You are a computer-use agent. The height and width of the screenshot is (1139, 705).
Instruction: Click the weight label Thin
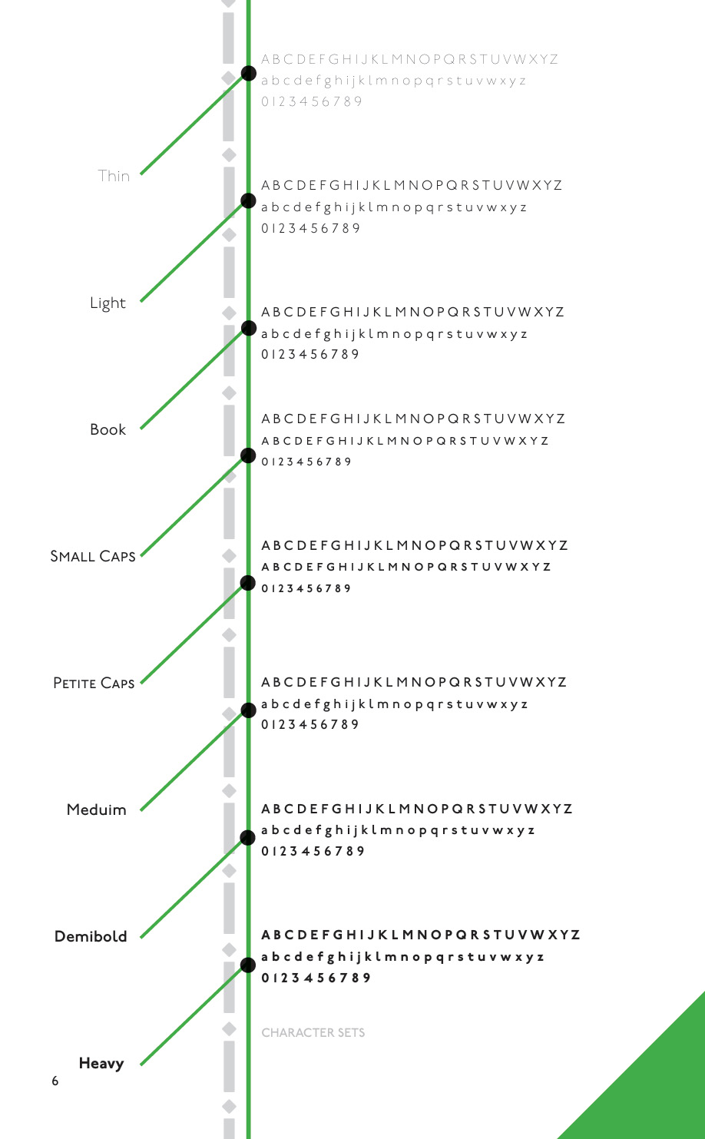(x=114, y=176)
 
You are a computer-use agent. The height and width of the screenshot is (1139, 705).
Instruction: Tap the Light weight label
(x=108, y=303)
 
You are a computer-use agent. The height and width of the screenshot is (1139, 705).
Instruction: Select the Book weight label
(x=108, y=429)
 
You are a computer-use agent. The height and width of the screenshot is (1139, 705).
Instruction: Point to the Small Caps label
(x=93, y=556)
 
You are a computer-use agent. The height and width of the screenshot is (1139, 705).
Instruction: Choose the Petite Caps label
(x=94, y=683)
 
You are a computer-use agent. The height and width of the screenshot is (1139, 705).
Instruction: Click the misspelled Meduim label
(x=97, y=810)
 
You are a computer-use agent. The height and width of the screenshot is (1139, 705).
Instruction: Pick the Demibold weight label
(x=91, y=936)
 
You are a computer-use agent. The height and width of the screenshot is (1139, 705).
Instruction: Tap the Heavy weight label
(x=101, y=1063)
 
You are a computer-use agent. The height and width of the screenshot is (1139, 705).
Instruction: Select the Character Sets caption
(x=313, y=1033)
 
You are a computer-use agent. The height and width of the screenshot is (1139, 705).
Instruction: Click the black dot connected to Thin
(x=248, y=73)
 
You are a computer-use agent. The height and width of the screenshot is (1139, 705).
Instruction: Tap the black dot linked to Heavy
(x=248, y=965)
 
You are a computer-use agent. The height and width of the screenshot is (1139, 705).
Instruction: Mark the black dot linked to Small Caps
(x=248, y=455)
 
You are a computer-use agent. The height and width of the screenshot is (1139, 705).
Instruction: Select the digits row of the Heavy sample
(x=316, y=978)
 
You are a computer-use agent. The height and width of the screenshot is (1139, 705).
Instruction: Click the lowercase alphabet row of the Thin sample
(x=393, y=81)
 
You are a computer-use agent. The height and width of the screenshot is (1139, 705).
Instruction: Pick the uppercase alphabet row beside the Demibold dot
(x=417, y=809)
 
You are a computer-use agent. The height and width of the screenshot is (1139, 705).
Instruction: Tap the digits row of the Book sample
(x=310, y=354)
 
